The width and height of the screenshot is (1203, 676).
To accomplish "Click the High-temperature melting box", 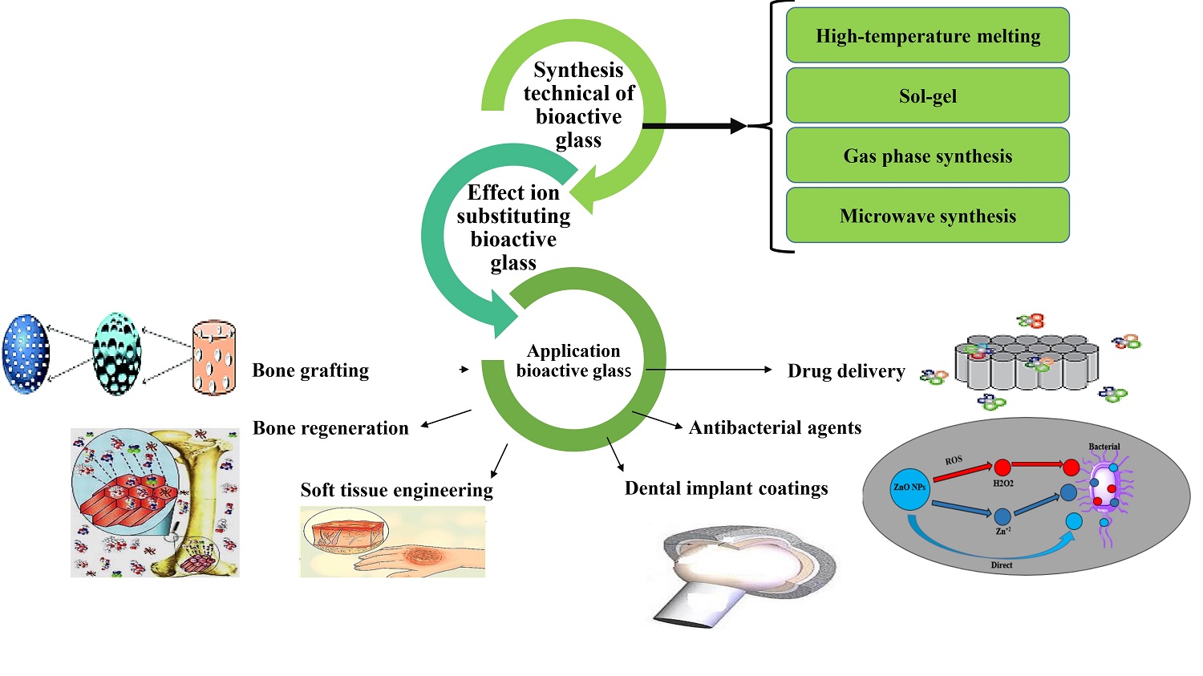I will click(x=928, y=36).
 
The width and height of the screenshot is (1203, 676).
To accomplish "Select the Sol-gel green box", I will click(x=928, y=96).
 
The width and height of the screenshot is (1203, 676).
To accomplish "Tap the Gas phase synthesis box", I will click(x=928, y=156).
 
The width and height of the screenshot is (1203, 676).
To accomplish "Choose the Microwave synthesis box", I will click(x=928, y=217).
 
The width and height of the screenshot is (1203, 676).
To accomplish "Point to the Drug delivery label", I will click(x=846, y=371).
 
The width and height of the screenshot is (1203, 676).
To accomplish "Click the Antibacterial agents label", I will click(x=775, y=428).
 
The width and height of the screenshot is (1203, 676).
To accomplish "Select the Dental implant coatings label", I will click(x=726, y=488).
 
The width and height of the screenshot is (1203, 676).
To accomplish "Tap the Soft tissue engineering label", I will click(x=396, y=490).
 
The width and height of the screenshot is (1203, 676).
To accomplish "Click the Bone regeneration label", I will click(x=330, y=428).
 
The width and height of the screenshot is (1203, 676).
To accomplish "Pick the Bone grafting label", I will click(x=310, y=370).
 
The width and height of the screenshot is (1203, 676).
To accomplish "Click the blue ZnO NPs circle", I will click(x=909, y=487).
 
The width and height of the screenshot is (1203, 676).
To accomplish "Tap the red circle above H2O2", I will click(x=1003, y=468).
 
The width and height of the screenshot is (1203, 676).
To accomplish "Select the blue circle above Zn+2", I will click(x=1003, y=516).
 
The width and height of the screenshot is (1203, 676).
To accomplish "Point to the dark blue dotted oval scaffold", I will click(x=26, y=354).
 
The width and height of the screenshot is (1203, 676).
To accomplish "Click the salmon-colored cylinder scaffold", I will click(x=214, y=358).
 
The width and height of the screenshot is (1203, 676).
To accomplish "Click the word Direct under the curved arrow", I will click(x=1001, y=565).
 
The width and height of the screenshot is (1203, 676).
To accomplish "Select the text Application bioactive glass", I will click(x=573, y=361).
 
